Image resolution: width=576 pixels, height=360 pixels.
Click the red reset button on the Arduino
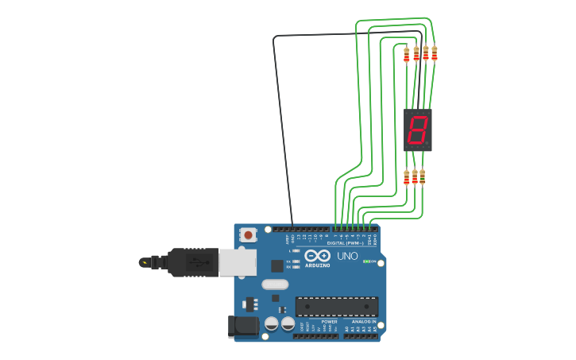tap(249, 234)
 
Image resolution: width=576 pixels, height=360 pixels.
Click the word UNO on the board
tap(347, 256)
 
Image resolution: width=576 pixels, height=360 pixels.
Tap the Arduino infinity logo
tap(318, 256)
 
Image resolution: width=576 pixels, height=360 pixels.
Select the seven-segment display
tap(418, 130)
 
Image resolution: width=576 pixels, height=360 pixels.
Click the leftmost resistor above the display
tap(407, 54)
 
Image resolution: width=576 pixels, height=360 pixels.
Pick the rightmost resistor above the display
tap(434, 53)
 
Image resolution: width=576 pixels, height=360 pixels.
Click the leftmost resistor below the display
tap(407, 177)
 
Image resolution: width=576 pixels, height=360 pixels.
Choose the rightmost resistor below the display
tap(422, 176)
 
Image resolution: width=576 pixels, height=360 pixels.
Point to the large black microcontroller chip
tap(336, 306)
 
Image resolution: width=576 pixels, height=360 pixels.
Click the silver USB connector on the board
tap(238, 262)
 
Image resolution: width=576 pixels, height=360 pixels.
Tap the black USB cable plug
tap(191, 261)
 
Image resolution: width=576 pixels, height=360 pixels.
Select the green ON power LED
tap(367, 261)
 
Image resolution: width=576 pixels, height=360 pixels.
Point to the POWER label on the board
tap(329, 321)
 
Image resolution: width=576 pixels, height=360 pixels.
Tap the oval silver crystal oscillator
tap(274, 285)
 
